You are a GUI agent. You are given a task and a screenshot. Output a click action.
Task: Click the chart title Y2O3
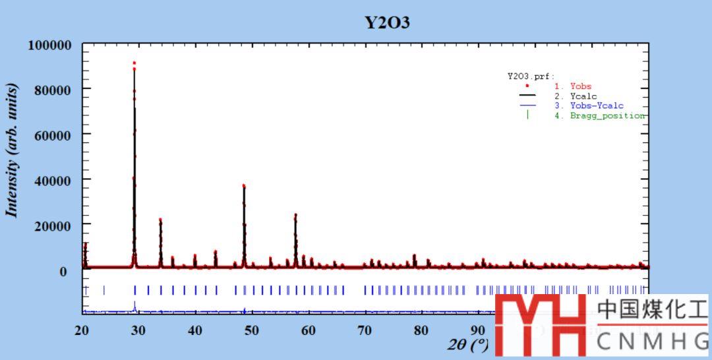click(x=388, y=22)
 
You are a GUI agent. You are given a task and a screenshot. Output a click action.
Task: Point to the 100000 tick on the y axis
click(x=49, y=45)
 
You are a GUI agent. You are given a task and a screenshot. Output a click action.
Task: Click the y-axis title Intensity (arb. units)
click(x=12, y=150)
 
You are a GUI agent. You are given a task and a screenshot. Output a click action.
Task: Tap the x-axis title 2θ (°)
click(x=469, y=344)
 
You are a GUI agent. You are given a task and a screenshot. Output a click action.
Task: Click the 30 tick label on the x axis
click(x=138, y=330)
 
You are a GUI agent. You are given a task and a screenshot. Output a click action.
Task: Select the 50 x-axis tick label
click(x=251, y=330)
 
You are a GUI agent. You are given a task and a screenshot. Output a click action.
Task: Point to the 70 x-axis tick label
click(x=365, y=330)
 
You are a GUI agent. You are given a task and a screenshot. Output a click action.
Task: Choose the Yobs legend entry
click(x=581, y=86)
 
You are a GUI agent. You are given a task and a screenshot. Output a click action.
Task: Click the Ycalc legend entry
click(x=583, y=96)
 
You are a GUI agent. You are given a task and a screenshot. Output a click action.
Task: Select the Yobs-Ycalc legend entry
click(x=597, y=105)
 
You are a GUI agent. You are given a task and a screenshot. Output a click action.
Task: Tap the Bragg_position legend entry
click(x=607, y=115)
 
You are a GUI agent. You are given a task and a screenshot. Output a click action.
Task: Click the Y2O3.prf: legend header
click(x=531, y=76)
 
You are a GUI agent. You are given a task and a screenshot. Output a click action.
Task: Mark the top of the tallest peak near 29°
click(x=134, y=63)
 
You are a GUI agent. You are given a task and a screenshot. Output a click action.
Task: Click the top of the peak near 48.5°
click(x=244, y=186)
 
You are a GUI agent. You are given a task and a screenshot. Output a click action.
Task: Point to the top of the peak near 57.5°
click(x=295, y=215)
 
